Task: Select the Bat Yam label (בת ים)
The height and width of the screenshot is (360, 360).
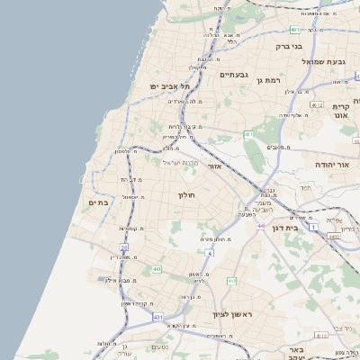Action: click(x=99, y=203)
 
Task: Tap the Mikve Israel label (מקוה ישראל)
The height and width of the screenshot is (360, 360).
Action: click(x=178, y=162)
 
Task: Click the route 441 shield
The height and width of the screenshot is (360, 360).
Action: click(x=156, y=269)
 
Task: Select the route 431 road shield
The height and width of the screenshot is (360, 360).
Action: click(x=157, y=318)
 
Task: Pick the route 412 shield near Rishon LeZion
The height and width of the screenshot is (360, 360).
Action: click(x=232, y=282)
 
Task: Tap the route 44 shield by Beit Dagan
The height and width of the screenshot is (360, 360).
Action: click(x=261, y=226)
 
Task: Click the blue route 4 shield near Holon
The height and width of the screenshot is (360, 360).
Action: click(x=210, y=254)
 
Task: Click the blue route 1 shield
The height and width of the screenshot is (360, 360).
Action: click(x=312, y=227)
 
